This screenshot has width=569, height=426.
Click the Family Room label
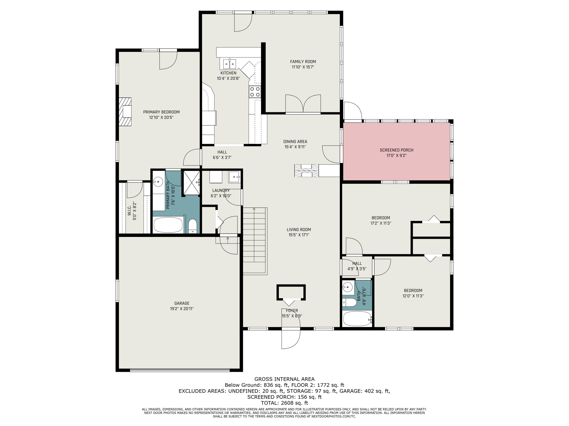303,62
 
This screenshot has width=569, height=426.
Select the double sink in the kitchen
229,64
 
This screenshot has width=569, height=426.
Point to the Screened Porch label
396,150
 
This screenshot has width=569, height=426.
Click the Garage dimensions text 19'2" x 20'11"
182,309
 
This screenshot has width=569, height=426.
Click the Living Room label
299,229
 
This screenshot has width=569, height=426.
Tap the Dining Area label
295,141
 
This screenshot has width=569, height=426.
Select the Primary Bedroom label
161,112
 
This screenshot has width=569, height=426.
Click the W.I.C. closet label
129,210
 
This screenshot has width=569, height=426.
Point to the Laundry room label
221,190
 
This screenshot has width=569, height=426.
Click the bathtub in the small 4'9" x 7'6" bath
357,318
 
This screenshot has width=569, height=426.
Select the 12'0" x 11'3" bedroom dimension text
413,296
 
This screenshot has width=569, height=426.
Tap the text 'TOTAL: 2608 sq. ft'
284,403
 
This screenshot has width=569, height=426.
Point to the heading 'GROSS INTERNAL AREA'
284,379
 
